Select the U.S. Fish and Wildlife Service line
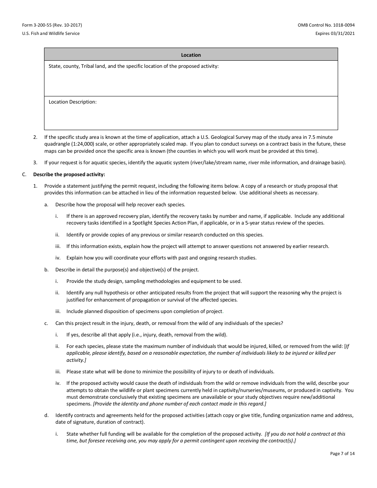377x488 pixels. point(50,33)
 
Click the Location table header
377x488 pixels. point(191,55)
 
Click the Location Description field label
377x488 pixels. point(72,102)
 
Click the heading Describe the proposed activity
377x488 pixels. point(69,174)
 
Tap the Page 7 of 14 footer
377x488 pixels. point(342,453)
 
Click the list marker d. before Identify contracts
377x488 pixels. point(46,415)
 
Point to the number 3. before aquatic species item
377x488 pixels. point(35,162)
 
